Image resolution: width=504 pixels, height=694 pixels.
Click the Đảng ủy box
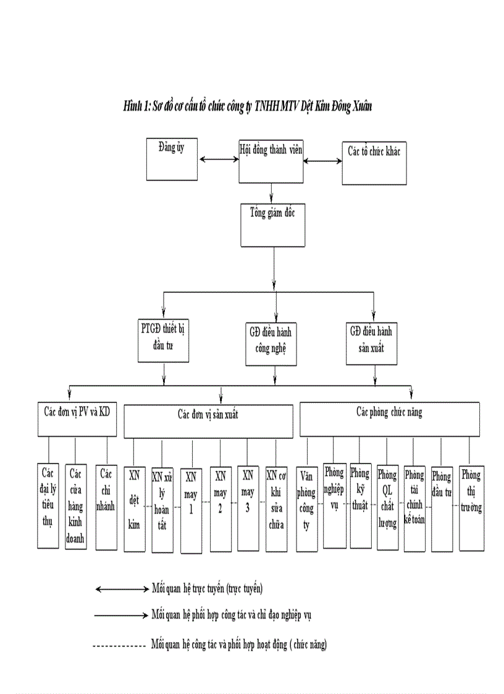pyautogui.click(x=172, y=159)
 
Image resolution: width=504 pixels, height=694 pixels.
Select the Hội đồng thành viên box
pyautogui.click(x=271, y=161)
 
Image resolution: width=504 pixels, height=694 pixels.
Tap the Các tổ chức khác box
pyautogui.click(x=374, y=163)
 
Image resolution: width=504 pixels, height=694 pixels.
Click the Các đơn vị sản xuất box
pyautogui.click(x=208, y=421)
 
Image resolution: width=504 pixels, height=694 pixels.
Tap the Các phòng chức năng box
pyautogui.click(x=389, y=420)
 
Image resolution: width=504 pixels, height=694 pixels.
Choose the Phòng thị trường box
pyautogui.click(x=471, y=499)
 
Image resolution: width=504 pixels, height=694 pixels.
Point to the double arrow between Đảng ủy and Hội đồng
pyautogui.click(x=219, y=159)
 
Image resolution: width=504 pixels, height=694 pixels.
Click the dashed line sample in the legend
pyautogui.click(x=118, y=646)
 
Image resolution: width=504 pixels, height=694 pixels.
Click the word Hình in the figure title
pyautogui.click(x=132, y=106)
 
